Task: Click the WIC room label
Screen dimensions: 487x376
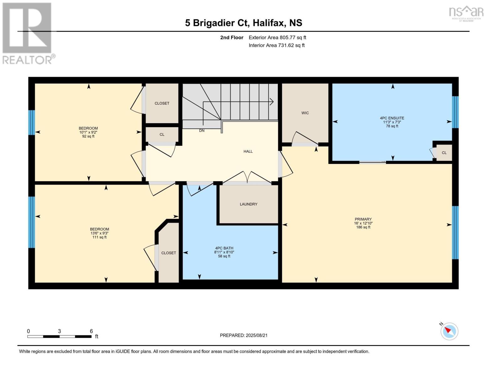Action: coord(305,113)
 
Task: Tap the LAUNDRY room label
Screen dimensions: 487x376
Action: coord(248,204)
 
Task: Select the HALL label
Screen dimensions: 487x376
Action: coord(248,151)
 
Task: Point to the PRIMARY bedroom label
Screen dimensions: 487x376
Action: coord(363,219)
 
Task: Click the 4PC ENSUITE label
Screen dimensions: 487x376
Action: coord(392,118)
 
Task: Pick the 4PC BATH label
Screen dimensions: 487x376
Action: coord(224,248)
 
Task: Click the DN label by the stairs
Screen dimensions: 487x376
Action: coord(202,131)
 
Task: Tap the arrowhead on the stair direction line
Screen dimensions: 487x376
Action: coord(272,102)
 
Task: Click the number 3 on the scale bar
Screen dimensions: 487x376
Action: coord(59,331)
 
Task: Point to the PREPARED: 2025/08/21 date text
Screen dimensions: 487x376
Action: coord(244,335)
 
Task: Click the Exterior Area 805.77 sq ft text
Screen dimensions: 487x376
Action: coord(277,37)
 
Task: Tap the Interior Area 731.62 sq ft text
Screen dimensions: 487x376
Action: coord(277,45)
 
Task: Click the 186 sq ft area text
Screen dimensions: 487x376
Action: coord(363,227)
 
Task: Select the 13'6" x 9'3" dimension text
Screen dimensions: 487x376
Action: coord(99,233)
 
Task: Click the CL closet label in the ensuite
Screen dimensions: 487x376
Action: coord(444,153)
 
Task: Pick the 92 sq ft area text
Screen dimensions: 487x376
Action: coord(88,136)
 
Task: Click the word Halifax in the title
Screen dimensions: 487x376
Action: coord(269,23)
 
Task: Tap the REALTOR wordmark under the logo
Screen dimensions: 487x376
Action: coord(27,60)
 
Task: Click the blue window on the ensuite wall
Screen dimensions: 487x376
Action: coord(455,112)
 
